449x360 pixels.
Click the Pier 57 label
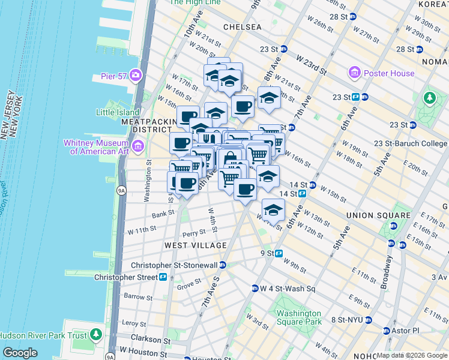112,77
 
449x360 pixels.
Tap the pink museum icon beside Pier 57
137,76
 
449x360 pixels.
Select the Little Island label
118,112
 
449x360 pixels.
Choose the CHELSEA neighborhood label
242,27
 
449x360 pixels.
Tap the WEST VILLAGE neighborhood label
196,245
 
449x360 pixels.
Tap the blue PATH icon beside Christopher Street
163,277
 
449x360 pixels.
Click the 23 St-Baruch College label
410,143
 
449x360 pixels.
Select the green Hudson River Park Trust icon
96,335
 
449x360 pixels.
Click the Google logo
20,353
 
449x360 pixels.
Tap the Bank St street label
163,213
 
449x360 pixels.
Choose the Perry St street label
194,233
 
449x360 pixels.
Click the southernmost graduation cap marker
273,211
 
